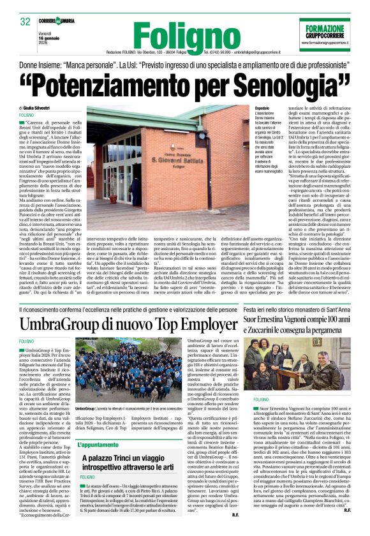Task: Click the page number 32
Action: pos(26,21)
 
